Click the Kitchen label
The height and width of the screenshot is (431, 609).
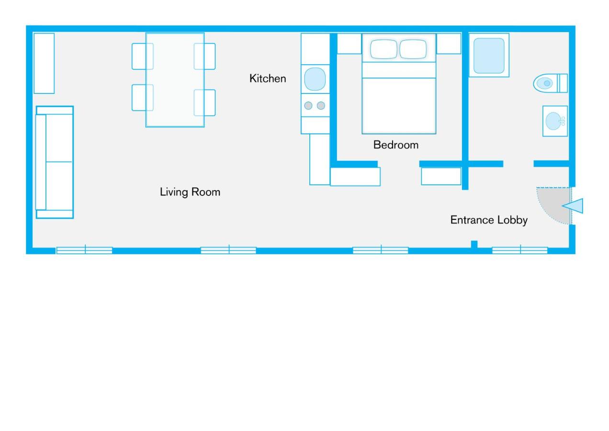(268, 79)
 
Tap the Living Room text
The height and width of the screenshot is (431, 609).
(190, 192)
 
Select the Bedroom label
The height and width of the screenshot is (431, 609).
(396, 145)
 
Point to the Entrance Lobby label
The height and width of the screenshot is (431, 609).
(488, 220)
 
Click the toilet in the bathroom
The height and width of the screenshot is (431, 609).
(550, 83)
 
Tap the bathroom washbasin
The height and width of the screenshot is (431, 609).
(555, 121)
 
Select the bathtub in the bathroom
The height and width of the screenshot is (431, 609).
(489, 55)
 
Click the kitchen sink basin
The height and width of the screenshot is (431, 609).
(315, 79)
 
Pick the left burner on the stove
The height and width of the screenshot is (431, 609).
(308, 105)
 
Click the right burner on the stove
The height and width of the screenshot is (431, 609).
(321, 105)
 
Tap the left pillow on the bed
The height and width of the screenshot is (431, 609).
(383, 49)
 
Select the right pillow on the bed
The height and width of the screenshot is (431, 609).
(413, 49)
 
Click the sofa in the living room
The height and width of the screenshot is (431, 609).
(55, 162)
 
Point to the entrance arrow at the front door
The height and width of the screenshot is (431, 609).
(573, 206)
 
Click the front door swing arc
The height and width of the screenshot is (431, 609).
(546, 215)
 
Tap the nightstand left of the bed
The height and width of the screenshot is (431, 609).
(350, 44)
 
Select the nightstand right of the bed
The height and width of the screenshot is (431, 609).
(449, 44)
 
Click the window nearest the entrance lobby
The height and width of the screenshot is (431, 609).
(520, 250)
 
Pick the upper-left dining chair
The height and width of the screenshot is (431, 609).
(143, 57)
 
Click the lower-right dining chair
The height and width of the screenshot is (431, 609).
(204, 103)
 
